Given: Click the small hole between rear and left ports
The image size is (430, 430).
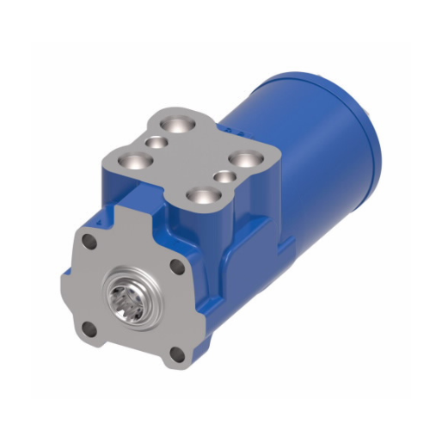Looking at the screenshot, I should pos(155,141).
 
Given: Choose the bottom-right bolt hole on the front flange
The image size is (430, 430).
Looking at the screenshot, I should pos(176,352).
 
